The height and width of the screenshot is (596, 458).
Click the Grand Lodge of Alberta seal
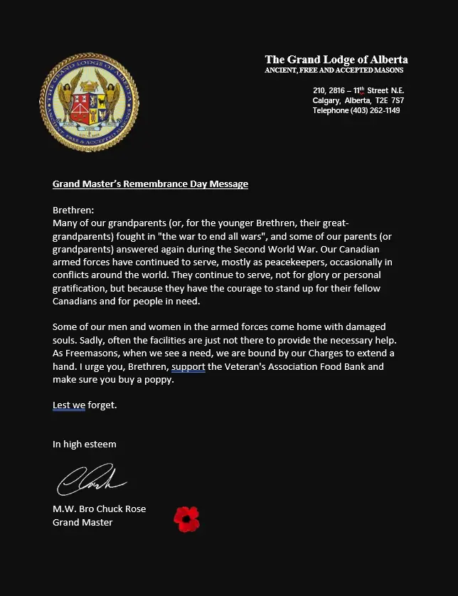click(x=89, y=101)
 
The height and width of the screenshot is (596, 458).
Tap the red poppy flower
click(x=187, y=518)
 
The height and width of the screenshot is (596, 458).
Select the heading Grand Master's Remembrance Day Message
click(x=150, y=183)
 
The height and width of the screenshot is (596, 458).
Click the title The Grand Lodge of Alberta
click(x=336, y=60)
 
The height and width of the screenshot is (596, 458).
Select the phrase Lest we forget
click(x=85, y=405)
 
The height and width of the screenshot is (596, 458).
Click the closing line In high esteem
click(x=85, y=444)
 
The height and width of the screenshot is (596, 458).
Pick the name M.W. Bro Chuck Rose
click(x=99, y=509)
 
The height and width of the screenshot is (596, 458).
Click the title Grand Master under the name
click(x=82, y=522)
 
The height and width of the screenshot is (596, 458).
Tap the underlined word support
click(x=188, y=366)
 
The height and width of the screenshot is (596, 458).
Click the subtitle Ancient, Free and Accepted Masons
click(x=334, y=71)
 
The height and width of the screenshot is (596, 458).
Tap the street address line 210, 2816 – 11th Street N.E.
click(x=359, y=90)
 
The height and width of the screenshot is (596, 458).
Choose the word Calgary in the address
click(x=326, y=100)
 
